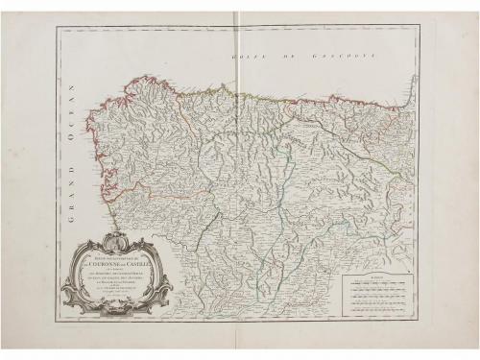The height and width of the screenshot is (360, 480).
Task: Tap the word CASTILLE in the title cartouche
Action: click(142, 264)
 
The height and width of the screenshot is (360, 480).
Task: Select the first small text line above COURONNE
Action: click(115, 257)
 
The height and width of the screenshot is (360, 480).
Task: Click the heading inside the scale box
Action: click(376, 279)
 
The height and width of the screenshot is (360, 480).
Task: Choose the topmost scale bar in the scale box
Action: click(376, 285)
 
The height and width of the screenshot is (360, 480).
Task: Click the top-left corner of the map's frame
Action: click(59, 27)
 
